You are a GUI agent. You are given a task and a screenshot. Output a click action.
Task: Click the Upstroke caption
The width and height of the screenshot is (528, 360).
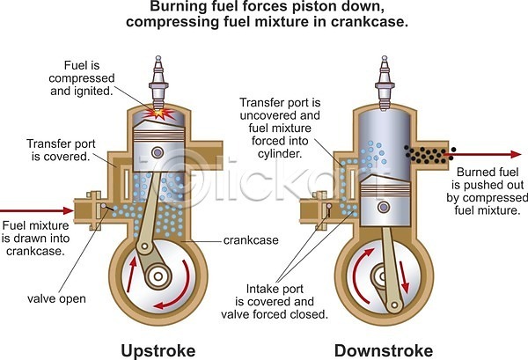(158, 351)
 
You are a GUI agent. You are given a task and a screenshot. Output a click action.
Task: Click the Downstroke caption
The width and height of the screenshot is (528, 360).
(384, 351)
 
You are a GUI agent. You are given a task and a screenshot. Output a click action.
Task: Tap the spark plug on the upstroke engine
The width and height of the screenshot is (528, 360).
(158, 83)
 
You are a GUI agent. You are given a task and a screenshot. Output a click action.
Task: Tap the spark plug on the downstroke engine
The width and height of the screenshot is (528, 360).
(385, 83)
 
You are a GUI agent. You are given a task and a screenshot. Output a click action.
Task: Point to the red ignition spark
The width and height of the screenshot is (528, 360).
(159, 114)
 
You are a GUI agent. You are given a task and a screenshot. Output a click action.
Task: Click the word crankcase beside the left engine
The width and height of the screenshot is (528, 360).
(251, 240)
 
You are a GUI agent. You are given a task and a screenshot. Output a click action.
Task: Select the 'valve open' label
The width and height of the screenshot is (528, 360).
(56, 298)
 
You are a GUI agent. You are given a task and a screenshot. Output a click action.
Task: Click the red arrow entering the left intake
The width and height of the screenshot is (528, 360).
(36, 211)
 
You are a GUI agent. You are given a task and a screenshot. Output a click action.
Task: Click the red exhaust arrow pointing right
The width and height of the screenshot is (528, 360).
(482, 155)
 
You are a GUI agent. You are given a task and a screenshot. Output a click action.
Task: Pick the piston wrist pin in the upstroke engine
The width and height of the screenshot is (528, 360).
(158, 152)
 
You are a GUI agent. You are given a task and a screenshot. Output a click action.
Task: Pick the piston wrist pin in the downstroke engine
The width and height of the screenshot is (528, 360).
(383, 207)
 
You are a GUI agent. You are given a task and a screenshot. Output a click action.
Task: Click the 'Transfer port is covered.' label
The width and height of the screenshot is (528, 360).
(61, 150)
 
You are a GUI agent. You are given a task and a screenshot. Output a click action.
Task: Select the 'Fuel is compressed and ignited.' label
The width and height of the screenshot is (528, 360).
(82, 78)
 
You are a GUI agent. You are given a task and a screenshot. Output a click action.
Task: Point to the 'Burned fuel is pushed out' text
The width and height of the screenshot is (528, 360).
(488, 179)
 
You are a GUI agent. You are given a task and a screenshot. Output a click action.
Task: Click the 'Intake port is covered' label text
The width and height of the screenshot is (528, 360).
(275, 295)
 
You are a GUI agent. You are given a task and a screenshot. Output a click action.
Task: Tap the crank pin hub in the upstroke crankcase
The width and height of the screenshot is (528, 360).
(158, 276)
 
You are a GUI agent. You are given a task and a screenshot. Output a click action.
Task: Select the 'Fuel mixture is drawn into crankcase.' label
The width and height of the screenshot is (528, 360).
(35, 238)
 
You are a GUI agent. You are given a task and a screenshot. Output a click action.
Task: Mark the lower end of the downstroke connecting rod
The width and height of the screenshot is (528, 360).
(394, 305)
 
